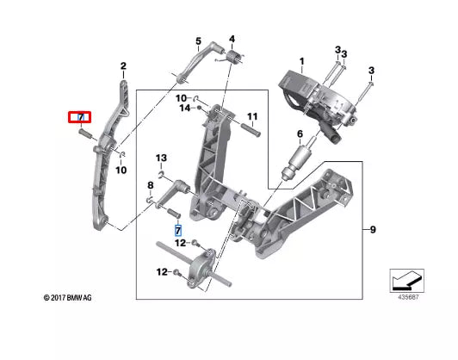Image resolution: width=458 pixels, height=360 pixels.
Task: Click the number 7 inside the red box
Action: (80, 117)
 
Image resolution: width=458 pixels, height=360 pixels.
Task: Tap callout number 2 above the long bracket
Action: (123, 65)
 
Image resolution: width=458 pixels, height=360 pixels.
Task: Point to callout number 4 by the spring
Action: (232, 39)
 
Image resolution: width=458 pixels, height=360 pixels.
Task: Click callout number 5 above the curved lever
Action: (197, 41)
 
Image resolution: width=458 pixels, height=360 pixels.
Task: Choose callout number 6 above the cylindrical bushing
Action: (300, 134)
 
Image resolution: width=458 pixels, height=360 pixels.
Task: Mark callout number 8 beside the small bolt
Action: (150, 185)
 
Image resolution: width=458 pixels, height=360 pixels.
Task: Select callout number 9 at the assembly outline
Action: (373, 230)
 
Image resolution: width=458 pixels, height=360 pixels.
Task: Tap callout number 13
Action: (160, 158)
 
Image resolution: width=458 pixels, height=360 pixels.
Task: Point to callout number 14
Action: (185, 109)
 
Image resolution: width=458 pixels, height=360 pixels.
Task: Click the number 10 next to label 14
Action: (182, 97)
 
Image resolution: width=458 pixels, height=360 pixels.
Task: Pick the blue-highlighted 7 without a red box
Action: (178, 230)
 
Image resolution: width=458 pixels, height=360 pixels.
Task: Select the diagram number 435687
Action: (408, 297)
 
